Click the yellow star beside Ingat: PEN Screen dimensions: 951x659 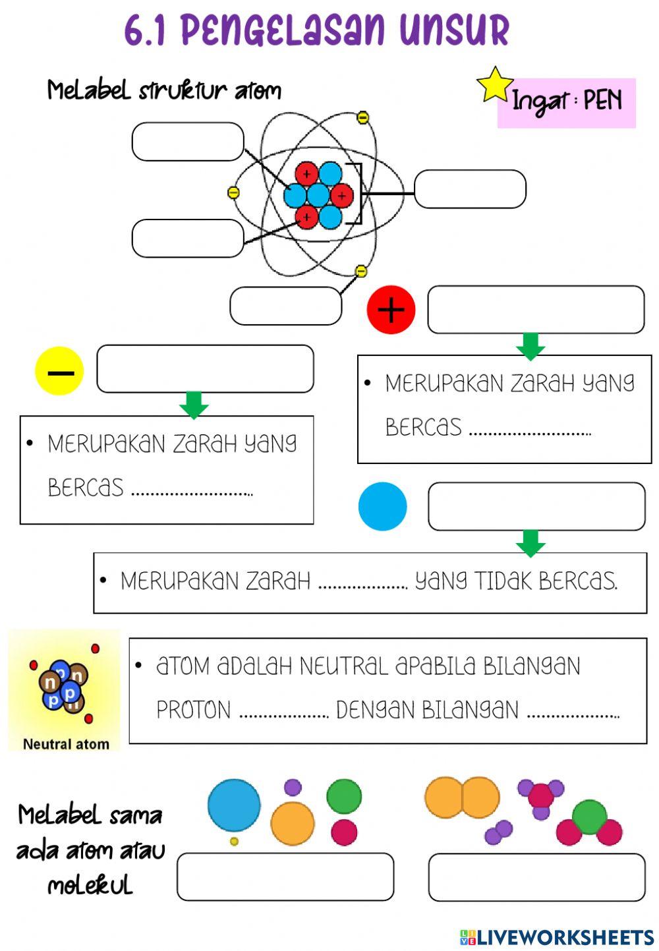(x=494, y=84)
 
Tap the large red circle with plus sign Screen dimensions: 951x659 (x=391, y=309)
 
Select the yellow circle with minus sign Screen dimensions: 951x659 (x=59, y=371)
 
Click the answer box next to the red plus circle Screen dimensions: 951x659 (x=535, y=309)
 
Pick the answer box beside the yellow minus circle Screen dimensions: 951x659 (x=205, y=368)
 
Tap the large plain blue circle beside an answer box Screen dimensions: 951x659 (x=382, y=506)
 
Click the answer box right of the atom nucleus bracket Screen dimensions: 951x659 (x=470, y=189)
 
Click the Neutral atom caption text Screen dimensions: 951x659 (x=66, y=744)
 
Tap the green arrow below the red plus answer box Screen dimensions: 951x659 (x=530, y=346)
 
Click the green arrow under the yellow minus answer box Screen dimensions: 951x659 (x=194, y=405)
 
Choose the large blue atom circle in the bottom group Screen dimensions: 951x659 (x=234, y=805)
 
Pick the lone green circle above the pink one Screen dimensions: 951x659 (x=344, y=796)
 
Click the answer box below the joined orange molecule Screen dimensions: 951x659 (x=536, y=877)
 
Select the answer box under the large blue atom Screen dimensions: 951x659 (x=285, y=877)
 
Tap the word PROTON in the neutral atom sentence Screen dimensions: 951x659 (x=193, y=710)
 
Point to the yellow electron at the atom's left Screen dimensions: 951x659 (x=233, y=192)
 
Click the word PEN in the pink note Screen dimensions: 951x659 (x=602, y=100)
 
